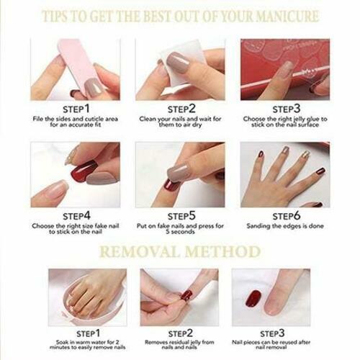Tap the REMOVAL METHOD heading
click(179, 251)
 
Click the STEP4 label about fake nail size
click(74, 215)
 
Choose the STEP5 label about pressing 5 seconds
click(179, 215)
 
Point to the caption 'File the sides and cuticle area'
click(74, 122)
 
